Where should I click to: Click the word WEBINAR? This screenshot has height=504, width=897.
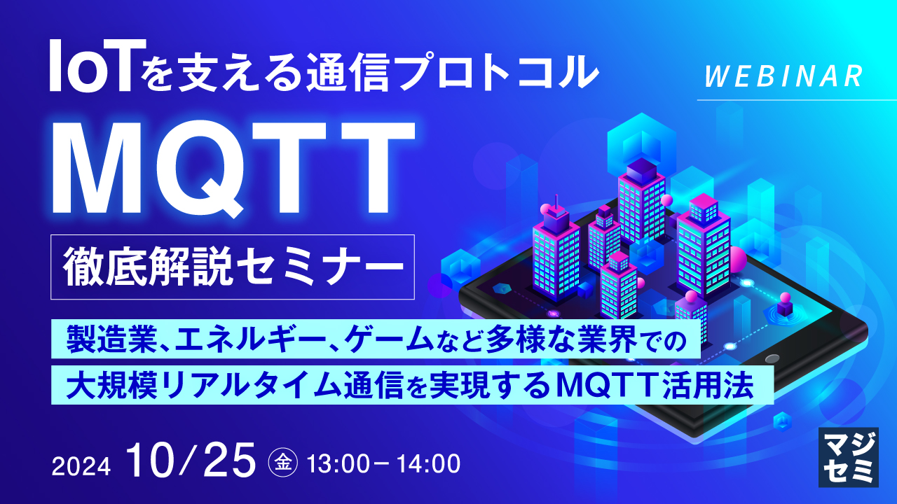[x=782, y=76]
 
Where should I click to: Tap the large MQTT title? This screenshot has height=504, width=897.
[x=231, y=170]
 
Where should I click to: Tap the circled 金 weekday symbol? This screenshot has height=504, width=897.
[x=283, y=462]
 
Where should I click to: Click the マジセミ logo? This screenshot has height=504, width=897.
[x=848, y=456]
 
